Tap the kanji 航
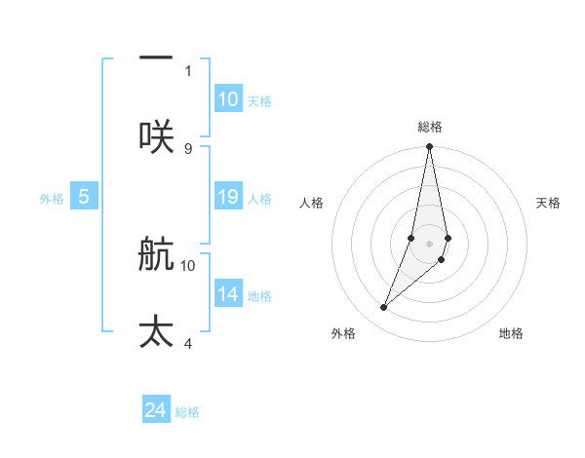coord(156,255)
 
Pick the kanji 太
coord(156,331)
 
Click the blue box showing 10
coord(228,99)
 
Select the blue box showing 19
coord(228,197)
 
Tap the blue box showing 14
coord(228,294)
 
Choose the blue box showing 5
coord(84,197)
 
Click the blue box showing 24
coord(156,410)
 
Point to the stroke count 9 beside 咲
coord(188,148)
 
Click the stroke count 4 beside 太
coord(188,343)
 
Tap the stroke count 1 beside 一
coord(188,70)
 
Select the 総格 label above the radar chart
coord(430,127)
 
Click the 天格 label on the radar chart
coord(548,203)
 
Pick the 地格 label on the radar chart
coord(511,333)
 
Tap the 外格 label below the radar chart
coord(343,333)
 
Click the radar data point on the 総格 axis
coord(429,147)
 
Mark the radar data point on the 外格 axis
coord(383,308)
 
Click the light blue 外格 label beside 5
coord(52,198)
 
